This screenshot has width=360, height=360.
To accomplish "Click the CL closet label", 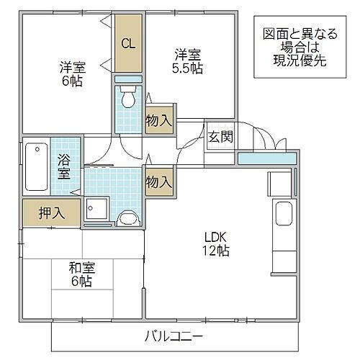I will (127, 44).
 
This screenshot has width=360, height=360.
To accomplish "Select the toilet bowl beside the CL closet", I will (128, 96).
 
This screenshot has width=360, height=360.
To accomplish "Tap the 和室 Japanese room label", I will (81, 267).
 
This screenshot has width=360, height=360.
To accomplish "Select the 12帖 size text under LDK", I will (215, 251).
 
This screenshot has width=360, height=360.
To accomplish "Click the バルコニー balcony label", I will (174, 336).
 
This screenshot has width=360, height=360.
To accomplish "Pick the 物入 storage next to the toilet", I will (158, 120).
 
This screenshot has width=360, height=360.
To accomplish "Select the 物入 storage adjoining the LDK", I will (158, 181).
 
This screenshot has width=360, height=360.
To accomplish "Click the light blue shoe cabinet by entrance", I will (265, 158).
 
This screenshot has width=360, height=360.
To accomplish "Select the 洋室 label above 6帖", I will (72, 68).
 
